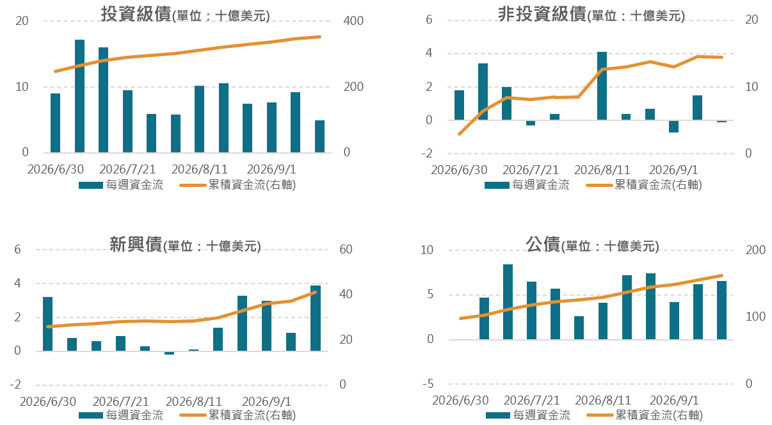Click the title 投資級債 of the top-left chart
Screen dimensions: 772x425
point(136,15)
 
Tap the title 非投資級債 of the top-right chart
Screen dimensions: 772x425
point(542,15)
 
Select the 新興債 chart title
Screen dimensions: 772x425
point(136,245)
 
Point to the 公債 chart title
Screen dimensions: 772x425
point(543,245)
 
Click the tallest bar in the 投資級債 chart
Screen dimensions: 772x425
point(79,96)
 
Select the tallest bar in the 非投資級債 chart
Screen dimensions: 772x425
point(602,86)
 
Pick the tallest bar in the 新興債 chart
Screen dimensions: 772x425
point(316,318)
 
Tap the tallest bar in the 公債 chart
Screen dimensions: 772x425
point(508,302)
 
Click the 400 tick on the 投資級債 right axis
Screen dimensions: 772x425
point(353,21)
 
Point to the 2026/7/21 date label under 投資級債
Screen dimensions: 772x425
point(127,169)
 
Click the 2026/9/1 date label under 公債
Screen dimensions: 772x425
point(674,400)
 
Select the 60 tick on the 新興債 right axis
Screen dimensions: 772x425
point(346,249)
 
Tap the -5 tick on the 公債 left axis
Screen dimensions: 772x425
point(428,383)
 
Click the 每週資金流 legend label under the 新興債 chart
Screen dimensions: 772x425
point(134,415)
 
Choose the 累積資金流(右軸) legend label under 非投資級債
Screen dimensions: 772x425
point(658,185)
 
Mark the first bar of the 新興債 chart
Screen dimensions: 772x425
point(47,324)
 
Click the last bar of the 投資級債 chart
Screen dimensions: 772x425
point(319,136)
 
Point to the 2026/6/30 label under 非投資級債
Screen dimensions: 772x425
point(459,170)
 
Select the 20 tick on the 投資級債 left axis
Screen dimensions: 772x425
point(22,21)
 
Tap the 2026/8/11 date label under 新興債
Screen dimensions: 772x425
point(194,401)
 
